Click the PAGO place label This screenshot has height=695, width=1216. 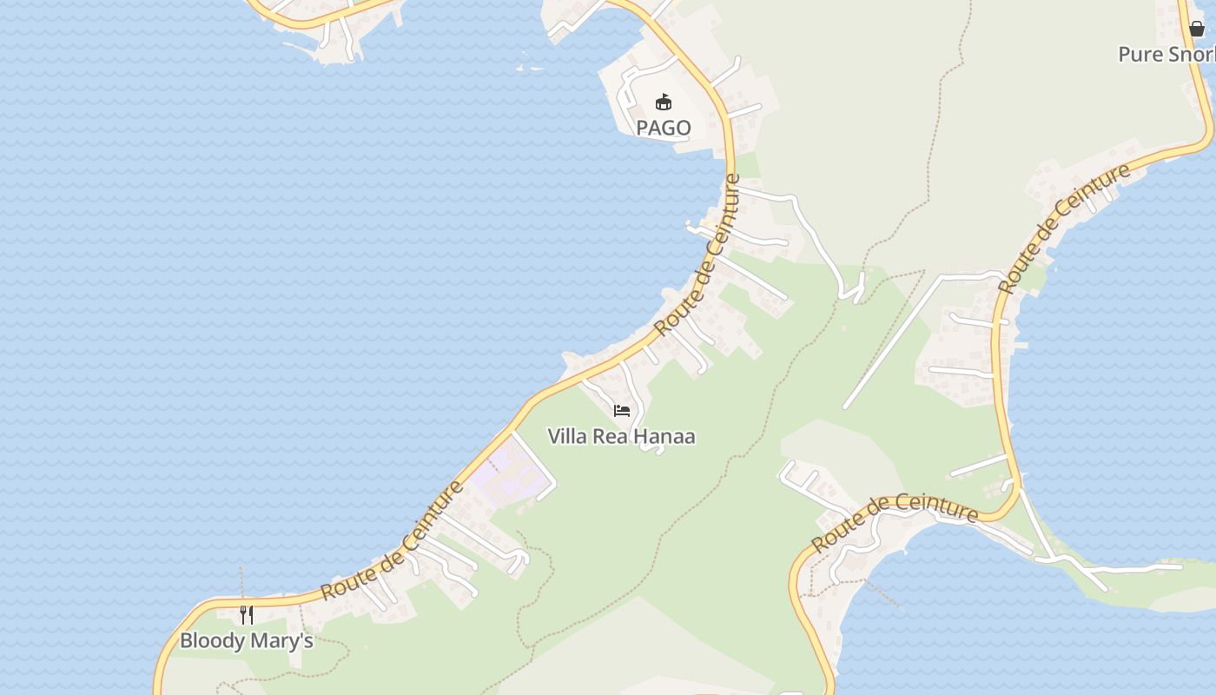(664, 128)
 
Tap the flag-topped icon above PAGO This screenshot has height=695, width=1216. (664, 102)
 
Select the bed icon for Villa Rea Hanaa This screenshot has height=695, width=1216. (621, 410)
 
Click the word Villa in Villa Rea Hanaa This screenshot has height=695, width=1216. (566, 436)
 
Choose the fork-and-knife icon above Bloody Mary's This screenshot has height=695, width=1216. (247, 614)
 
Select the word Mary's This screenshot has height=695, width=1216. (282, 641)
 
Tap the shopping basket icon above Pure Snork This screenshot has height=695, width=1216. (1197, 29)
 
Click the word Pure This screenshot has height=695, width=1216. (1140, 54)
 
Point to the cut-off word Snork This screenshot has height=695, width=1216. (1191, 54)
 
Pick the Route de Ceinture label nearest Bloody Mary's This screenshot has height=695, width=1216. (393, 540)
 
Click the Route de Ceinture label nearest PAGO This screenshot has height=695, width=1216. (697, 255)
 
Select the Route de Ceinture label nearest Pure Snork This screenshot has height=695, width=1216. (1064, 228)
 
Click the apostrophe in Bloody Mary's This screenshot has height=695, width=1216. (298, 635)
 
